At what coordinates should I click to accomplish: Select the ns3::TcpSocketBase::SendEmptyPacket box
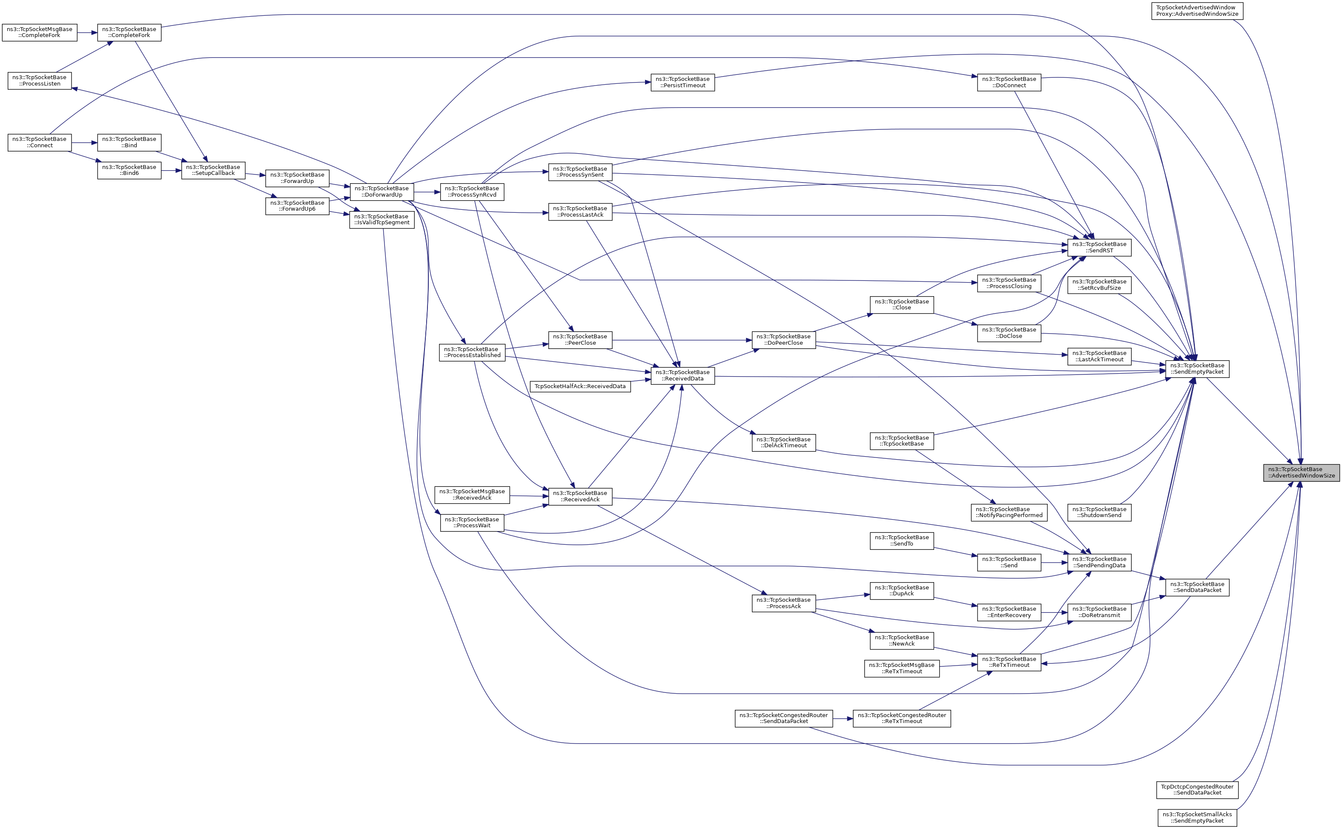click(1197, 369)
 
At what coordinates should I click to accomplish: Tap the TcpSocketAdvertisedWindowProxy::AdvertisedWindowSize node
click(1197, 11)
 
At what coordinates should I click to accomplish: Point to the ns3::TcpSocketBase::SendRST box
click(1099, 247)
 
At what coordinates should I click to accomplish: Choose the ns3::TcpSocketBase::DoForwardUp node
click(382, 192)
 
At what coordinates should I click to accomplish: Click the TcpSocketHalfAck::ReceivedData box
click(580, 386)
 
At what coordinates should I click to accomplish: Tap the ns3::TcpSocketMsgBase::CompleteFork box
click(40, 32)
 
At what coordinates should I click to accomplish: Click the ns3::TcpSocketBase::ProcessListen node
click(40, 80)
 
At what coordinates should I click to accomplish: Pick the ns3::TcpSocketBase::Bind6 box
click(129, 170)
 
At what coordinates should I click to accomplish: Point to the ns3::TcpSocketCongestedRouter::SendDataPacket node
click(784, 718)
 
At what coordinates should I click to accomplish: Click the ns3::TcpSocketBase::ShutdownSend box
click(1099, 512)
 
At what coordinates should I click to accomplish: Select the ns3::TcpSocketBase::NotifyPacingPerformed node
click(1009, 512)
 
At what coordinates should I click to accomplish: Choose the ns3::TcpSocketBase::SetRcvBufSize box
click(1099, 285)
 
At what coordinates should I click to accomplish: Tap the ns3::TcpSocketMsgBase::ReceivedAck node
click(472, 495)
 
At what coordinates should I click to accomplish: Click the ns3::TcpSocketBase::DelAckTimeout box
click(784, 443)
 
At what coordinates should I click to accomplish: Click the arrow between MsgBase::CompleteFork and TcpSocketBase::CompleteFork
click(87, 32)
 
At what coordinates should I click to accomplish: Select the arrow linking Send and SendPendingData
click(1053, 562)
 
